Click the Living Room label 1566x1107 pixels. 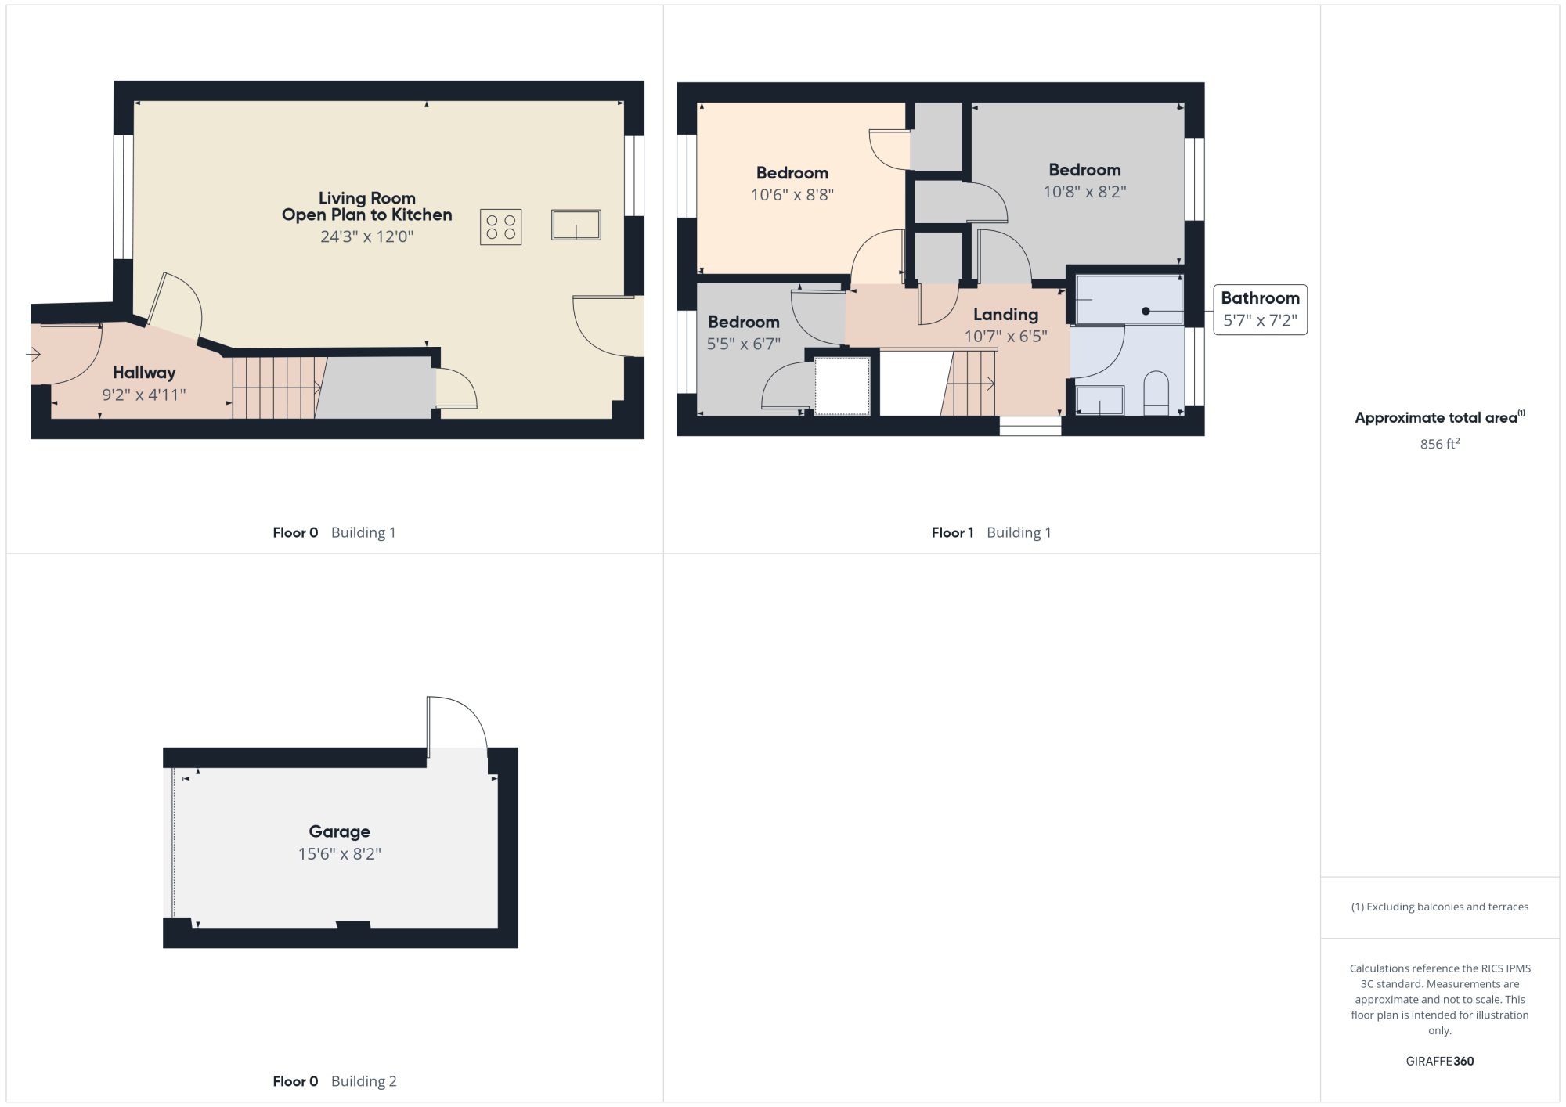coord(366,198)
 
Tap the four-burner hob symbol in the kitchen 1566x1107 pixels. coord(501,227)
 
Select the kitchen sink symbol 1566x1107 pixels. coord(576,225)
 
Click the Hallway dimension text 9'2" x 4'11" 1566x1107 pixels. coord(144,395)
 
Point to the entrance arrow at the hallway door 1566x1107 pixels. coord(33,355)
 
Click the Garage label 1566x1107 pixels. coord(339,831)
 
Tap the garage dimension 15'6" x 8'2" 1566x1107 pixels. coord(339,853)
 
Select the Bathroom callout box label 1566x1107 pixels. coord(1260,298)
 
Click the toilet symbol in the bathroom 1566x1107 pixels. coord(1156,393)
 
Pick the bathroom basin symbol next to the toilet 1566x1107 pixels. coord(1100,401)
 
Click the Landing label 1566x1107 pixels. coord(1005,315)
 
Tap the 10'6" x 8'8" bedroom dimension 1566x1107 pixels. coord(792,195)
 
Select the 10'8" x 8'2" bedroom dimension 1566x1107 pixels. coord(1084,192)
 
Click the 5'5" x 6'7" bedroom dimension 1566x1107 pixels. coord(744,344)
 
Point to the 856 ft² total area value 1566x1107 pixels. coord(1440,444)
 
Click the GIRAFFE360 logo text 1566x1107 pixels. coord(1440,1062)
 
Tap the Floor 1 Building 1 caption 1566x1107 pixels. coord(991,533)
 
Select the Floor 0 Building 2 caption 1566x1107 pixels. coord(334,1081)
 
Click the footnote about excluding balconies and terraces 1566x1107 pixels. coord(1440,907)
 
